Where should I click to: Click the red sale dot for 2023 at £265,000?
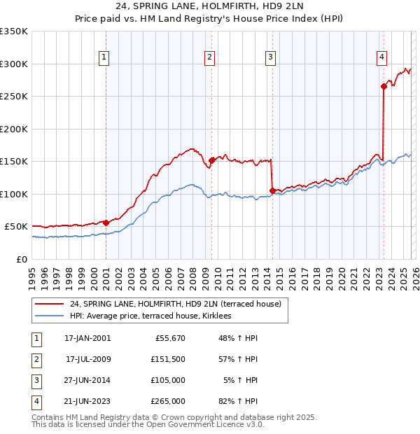384,87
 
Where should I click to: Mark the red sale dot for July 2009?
211,160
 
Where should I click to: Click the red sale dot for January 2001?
106,223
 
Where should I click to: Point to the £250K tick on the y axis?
14,97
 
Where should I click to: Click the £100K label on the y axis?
14,194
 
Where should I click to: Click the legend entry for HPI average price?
156,316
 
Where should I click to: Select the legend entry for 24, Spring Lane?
175,304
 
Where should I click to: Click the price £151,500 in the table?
167,359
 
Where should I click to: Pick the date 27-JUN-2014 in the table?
87,380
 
